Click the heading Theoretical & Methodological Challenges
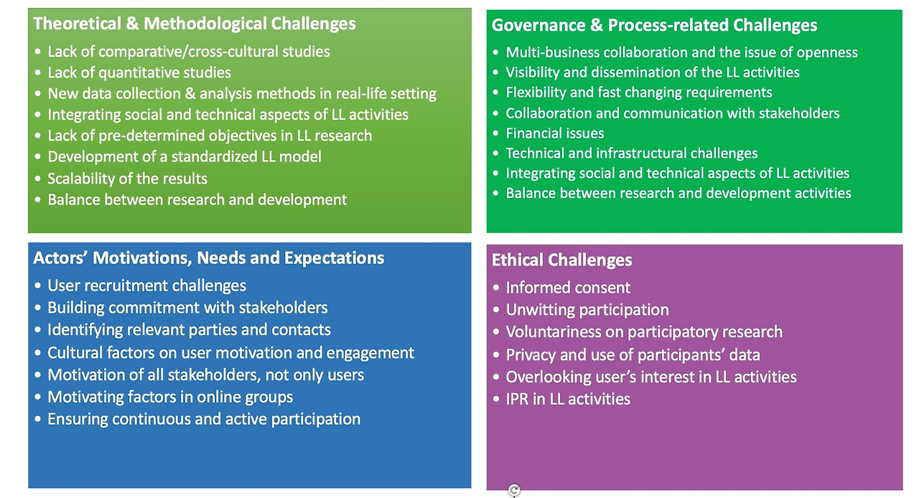(194, 24)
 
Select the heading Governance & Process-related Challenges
(654, 25)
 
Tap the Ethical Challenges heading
(561, 260)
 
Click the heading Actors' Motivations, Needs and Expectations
(208, 258)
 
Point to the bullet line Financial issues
(555, 133)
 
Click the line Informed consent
(568, 288)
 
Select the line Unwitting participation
(587, 310)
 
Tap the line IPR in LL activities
(568, 399)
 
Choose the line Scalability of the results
(127, 179)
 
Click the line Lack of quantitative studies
(139, 72)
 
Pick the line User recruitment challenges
(146, 286)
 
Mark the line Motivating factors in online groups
(170, 397)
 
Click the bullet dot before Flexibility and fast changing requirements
(495, 93)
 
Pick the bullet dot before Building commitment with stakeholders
(38, 308)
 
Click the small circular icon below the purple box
(514, 490)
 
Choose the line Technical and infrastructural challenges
(631, 154)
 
